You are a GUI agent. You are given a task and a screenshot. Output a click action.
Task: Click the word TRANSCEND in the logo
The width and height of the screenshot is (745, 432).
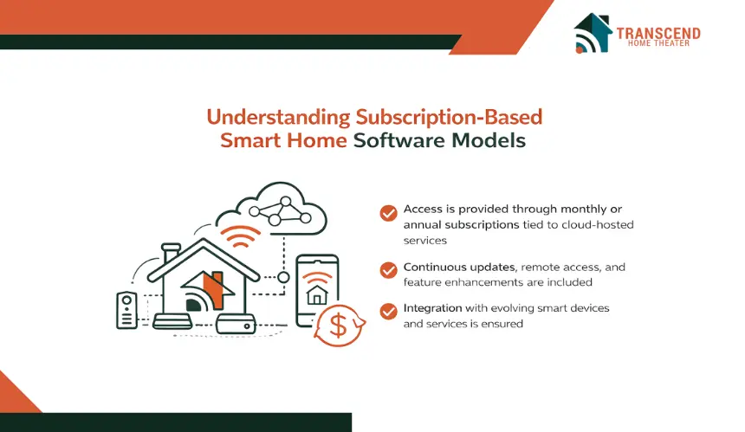click(658, 34)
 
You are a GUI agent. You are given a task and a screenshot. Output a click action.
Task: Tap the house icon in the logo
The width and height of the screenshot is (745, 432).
click(593, 33)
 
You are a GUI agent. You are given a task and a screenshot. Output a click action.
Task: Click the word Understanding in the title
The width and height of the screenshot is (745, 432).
click(278, 118)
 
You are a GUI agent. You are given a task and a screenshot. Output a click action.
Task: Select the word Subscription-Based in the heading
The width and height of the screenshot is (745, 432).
click(449, 117)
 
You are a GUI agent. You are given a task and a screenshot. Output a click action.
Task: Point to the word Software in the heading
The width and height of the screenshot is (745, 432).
click(399, 140)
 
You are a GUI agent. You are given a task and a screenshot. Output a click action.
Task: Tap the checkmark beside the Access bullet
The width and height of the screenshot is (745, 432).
click(388, 213)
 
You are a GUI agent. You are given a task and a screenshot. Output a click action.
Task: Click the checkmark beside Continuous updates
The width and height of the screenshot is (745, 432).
click(388, 270)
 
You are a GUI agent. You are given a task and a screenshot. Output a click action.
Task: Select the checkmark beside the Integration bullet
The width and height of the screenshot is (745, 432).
click(388, 312)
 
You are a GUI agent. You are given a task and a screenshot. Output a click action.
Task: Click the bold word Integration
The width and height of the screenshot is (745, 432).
click(432, 308)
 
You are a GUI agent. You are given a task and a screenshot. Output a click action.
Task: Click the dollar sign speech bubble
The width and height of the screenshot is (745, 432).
click(340, 326)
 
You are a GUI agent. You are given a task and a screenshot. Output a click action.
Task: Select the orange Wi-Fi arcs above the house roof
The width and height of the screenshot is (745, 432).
click(241, 236)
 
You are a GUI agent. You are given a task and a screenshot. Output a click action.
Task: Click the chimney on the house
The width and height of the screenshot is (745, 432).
click(171, 253)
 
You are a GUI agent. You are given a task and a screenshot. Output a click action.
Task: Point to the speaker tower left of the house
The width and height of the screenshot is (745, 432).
click(126, 310)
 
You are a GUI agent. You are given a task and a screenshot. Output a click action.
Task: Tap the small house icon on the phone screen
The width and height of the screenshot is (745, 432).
click(317, 295)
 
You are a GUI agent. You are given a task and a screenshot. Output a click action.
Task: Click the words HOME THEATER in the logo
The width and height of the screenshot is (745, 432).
click(658, 43)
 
